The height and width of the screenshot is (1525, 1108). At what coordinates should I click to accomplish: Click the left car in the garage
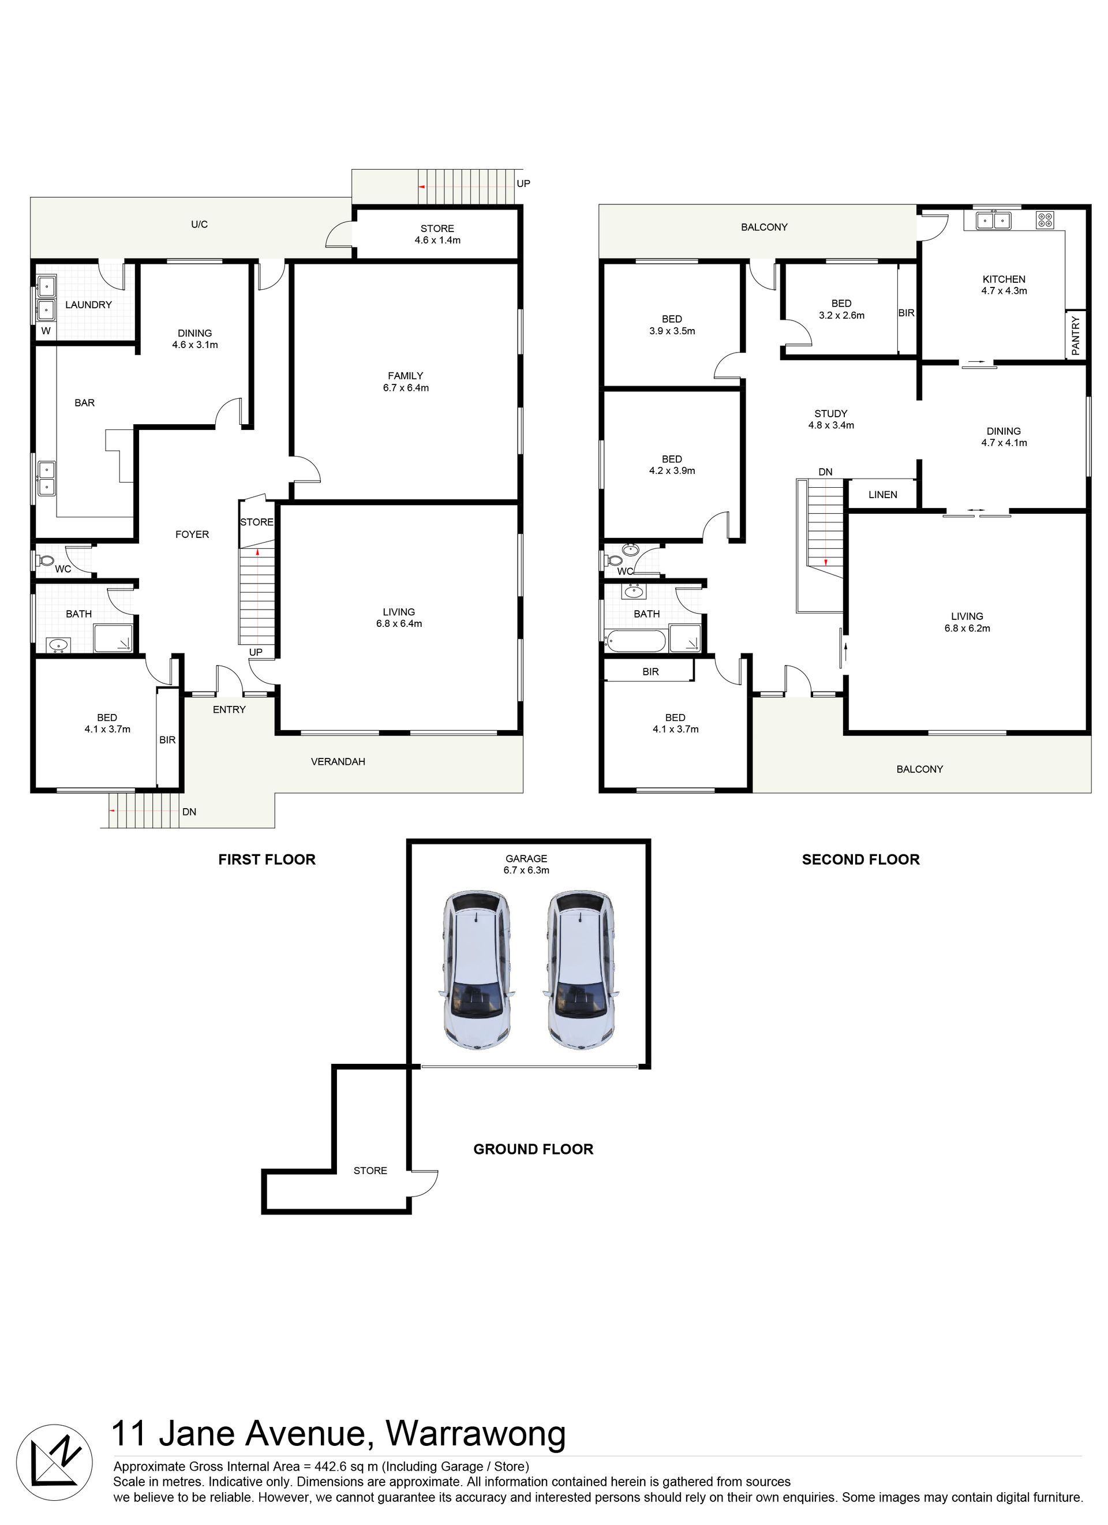477,970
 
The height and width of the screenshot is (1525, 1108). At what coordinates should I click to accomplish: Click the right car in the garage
580,970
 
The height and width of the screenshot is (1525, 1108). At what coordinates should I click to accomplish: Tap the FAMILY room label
406,376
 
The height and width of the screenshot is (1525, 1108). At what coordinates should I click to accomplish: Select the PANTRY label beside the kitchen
1075,335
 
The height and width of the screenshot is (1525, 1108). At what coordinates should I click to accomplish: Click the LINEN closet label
882,494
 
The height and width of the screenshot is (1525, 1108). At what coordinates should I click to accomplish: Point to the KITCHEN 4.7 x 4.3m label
1004,285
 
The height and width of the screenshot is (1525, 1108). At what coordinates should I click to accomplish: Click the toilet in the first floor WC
45,559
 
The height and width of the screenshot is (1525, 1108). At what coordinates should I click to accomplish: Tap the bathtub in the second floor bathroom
636,641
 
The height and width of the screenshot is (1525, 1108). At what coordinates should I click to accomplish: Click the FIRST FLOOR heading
267,859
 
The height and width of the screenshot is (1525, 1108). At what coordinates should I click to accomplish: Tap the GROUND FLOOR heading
533,1149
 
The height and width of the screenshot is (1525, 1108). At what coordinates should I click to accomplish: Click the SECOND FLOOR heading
860,859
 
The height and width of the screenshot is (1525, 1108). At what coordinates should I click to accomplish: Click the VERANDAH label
338,762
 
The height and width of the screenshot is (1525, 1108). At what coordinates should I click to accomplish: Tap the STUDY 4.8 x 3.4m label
831,420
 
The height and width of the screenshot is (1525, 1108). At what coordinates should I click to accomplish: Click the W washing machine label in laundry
46,331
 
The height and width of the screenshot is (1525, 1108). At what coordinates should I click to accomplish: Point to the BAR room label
85,403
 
